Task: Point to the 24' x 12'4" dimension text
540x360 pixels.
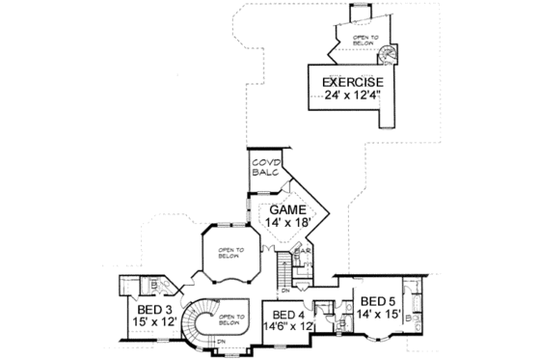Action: (x=348, y=97)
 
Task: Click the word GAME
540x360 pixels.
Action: (x=286, y=209)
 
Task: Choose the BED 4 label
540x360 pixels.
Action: (x=287, y=315)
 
